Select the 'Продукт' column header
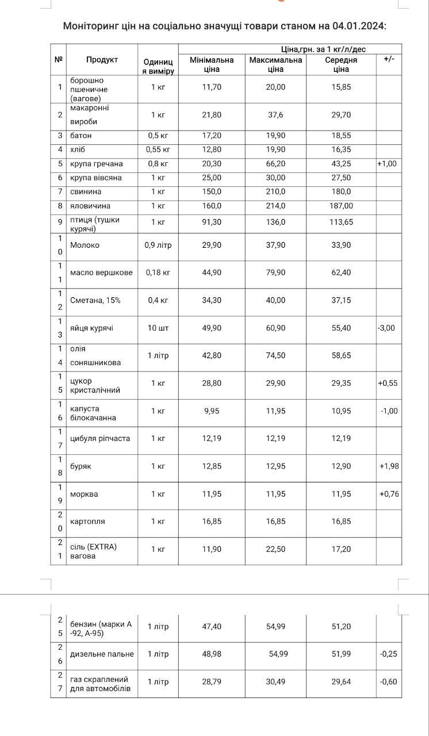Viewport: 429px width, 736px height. (x=102, y=60)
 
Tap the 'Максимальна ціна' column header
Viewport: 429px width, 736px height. (x=275, y=64)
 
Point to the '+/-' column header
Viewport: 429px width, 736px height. (x=389, y=60)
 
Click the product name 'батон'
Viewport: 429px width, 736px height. (x=81, y=136)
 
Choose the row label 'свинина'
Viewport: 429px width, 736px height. (x=86, y=191)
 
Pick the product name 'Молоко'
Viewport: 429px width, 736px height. (x=85, y=245)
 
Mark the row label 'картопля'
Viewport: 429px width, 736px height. (x=87, y=522)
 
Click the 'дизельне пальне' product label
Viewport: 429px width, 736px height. (x=102, y=654)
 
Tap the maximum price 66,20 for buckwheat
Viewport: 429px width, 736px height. (x=275, y=164)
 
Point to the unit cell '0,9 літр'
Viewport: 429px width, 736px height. (x=158, y=245)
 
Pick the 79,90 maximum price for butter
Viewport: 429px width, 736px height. (x=275, y=273)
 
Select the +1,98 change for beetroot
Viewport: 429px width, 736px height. (x=389, y=466)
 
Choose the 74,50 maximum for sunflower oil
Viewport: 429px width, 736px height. (x=275, y=356)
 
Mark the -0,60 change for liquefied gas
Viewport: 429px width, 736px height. (x=389, y=682)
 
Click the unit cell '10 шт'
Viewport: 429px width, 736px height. (x=158, y=328)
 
